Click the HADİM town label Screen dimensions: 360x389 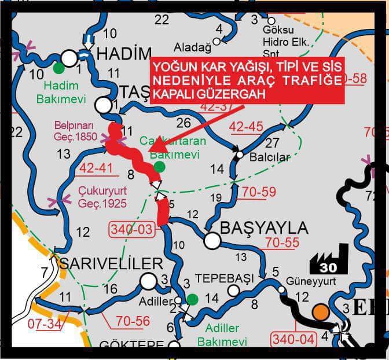pos(124,54)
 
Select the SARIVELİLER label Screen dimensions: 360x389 pos(112,264)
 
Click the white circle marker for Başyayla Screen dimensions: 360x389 pos(212,241)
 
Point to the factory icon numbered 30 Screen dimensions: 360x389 pos(329,259)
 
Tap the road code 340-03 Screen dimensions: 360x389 pos(132,230)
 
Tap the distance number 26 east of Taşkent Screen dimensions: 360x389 pos(184,123)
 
